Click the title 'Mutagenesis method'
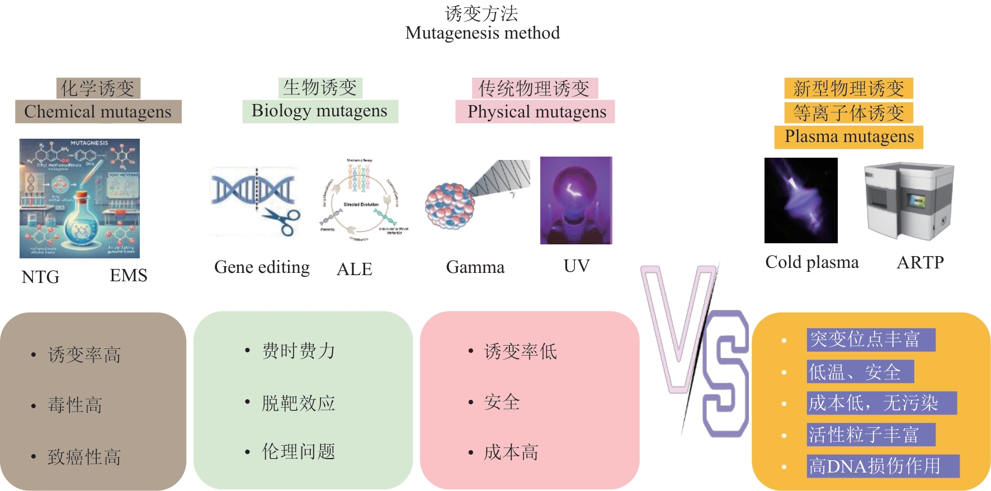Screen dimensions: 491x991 point(482,33)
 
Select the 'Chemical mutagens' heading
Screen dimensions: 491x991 point(98,111)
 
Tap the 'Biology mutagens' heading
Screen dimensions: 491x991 point(319,111)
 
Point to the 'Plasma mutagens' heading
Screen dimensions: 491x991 point(848,136)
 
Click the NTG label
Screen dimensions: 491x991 point(40,277)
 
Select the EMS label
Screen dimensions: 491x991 point(129,275)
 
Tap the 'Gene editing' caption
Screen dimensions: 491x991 point(262,267)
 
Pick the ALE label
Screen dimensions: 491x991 point(355,269)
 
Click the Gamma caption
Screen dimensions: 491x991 point(475,267)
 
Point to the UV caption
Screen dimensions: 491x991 point(576,266)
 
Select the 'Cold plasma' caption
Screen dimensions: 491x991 point(811,262)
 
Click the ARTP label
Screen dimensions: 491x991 point(920,262)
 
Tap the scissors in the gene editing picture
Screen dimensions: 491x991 point(282,220)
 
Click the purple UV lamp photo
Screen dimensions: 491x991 point(576,200)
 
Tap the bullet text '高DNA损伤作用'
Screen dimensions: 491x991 point(875,466)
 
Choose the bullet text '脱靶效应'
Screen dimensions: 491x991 point(298,403)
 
